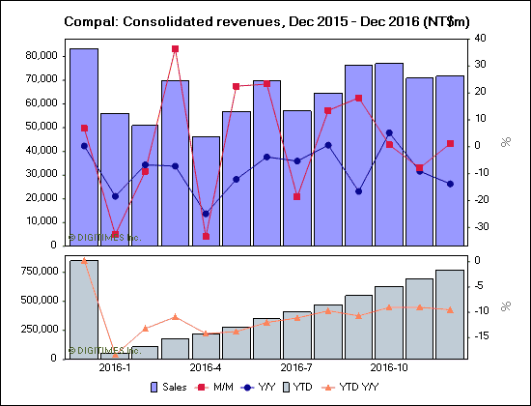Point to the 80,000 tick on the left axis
pos(38,56)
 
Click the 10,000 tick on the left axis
pos(38,221)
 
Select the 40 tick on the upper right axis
pos(480,39)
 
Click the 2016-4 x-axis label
pos(206,368)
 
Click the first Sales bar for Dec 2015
pos(84,145)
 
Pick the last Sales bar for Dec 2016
pos(450,159)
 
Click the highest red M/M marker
pos(175,48)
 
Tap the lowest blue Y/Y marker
pos(206,214)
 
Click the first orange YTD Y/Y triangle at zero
pos(84,260)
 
